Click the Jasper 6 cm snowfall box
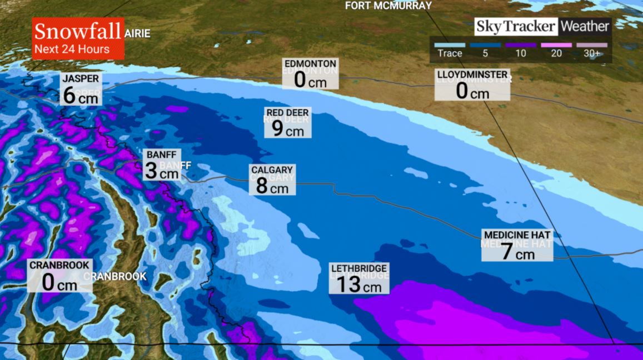click(81, 89)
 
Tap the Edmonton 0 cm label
click(310, 73)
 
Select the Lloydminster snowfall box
click(472, 85)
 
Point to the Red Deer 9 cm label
click(287, 123)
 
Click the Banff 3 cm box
click(162, 165)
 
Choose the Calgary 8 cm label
click(272, 179)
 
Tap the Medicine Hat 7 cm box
click(517, 246)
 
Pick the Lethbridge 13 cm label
click(358, 278)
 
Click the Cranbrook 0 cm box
click(59, 276)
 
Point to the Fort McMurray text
click(388, 6)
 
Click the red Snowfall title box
click(78, 38)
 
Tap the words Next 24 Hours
click(72, 49)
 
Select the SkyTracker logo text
click(515, 26)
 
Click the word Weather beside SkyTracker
click(585, 26)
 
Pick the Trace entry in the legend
click(450, 53)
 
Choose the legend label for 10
click(521, 53)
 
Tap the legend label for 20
click(556, 53)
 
